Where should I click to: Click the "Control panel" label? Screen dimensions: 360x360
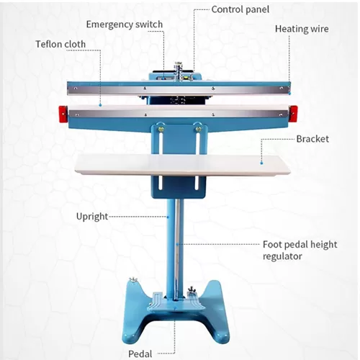(x=240, y=9)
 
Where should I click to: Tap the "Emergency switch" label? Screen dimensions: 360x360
(x=125, y=24)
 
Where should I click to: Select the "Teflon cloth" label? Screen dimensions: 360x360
(x=60, y=44)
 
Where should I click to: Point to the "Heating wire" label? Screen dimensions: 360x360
(x=302, y=29)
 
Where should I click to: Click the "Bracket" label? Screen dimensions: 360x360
(x=312, y=139)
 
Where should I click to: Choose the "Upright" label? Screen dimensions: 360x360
(x=92, y=217)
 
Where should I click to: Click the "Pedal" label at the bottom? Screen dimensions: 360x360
(x=140, y=354)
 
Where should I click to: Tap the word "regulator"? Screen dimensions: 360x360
(x=282, y=256)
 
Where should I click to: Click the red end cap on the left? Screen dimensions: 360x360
(x=63, y=114)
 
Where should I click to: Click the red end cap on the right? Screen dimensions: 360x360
(x=294, y=112)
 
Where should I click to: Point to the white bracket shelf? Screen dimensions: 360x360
(x=182, y=164)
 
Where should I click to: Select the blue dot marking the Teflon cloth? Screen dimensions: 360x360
(x=100, y=105)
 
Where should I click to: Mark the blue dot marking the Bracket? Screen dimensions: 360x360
(x=261, y=163)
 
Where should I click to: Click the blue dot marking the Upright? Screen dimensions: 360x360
(x=168, y=217)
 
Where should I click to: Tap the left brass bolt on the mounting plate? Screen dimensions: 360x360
(x=161, y=130)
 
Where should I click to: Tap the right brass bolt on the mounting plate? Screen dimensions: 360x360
(x=199, y=130)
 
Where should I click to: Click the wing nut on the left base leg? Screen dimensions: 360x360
(x=132, y=280)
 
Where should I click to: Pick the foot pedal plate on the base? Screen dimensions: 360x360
(x=176, y=302)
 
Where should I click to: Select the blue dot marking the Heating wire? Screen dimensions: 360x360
(x=290, y=93)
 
